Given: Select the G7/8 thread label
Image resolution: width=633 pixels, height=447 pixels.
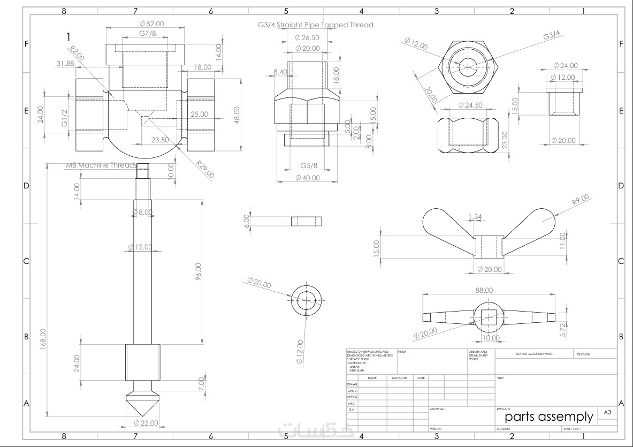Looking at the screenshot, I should click(147, 34).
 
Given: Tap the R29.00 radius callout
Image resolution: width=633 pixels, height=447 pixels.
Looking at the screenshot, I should click(205, 170).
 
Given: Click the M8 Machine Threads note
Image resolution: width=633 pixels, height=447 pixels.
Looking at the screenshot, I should click(101, 165).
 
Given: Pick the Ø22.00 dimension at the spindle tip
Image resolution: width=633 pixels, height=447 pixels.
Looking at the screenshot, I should click(146, 423).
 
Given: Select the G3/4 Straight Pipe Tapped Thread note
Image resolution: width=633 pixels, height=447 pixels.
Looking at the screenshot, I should click(315, 25).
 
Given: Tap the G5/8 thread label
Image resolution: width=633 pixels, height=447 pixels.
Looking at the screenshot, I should click(309, 166).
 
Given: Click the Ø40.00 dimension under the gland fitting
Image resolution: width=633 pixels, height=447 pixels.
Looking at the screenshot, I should click(307, 178).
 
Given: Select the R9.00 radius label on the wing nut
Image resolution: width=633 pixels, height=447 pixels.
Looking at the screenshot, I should click(580, 200).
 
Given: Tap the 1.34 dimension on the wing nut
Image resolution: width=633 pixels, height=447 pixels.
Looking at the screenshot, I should click(475, 216).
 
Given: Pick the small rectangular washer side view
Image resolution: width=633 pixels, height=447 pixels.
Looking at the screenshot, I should click(307, 221).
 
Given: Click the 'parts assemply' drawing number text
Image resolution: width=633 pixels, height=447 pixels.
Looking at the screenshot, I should click(549, 416).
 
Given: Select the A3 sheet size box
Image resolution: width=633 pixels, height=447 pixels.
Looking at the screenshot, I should click(607, 412).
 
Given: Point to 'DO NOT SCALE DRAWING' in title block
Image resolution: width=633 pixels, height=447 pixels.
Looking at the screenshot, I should click(534, 354).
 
